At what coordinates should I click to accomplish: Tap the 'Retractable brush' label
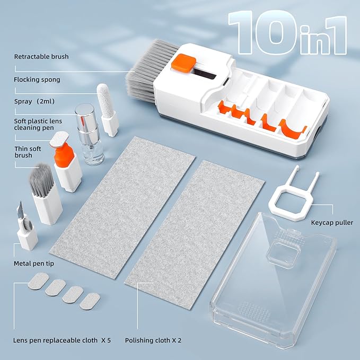point(41,57)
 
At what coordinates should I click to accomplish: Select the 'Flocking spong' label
point(37,80)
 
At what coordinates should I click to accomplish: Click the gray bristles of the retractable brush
point(143,74)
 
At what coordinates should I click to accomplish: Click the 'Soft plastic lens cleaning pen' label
point(38,125)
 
